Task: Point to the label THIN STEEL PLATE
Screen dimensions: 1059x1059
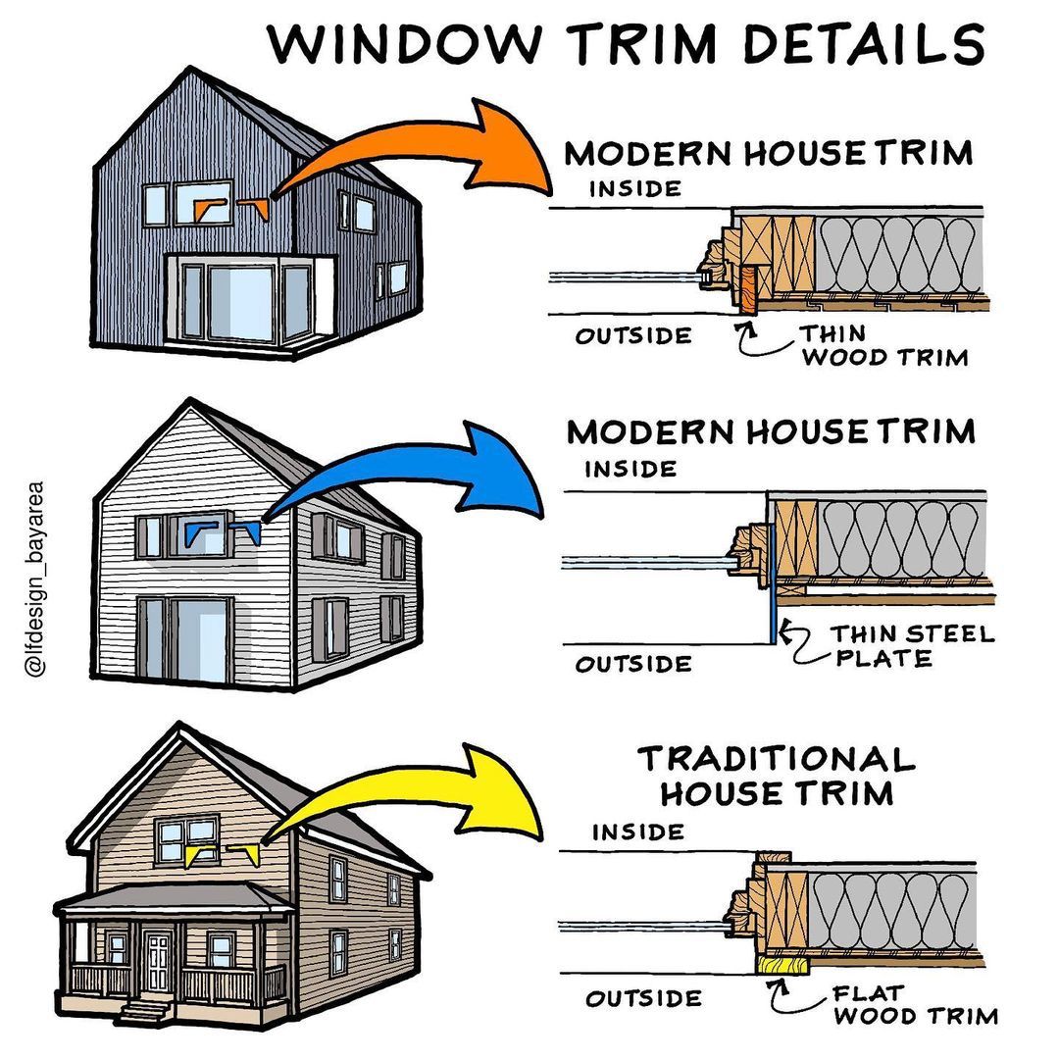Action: tap(912, 645)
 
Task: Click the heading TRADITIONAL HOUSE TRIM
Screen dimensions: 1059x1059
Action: tap(776, 775)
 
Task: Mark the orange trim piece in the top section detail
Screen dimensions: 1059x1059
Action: tap(749, 288)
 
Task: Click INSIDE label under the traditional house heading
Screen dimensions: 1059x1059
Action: tap(637, 832)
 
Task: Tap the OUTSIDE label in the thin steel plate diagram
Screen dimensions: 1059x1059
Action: tap(632, 664)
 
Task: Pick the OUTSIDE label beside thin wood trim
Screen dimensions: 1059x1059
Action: tap(632, 336)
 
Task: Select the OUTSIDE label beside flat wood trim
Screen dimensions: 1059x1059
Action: tap(644, 999)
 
